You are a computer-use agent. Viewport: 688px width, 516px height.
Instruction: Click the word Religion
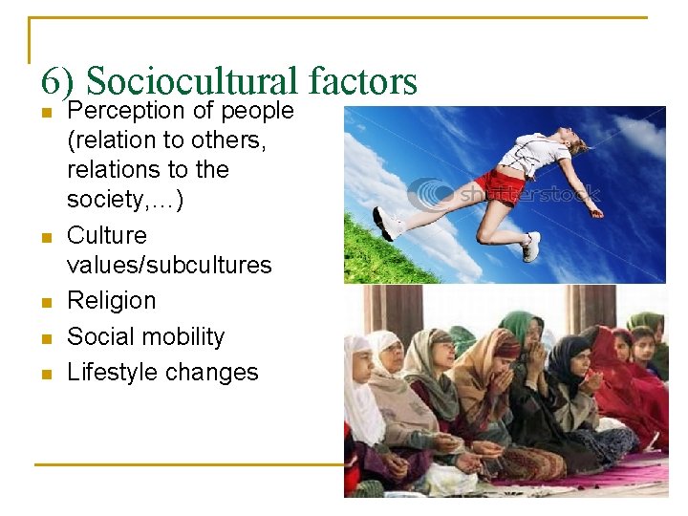pyautogui.click(x=111, y=300)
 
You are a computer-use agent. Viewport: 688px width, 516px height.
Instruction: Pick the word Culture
pyautogui.click(x=107, y=235)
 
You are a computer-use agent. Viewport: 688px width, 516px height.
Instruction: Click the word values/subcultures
pyautogui.click(x=169, y=265)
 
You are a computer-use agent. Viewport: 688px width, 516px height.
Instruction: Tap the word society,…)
pyautogui.click(x=125, y=200)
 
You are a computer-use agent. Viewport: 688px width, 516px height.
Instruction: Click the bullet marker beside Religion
pyautogui.click(x=44, y=302)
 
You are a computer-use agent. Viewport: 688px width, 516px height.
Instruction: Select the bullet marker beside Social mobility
pyautogui.click(x=44, y=338)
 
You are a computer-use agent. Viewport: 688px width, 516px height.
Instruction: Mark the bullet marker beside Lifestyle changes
pyautogui.click(x=44, y=374)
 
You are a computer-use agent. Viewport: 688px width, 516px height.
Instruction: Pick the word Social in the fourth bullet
pyautogui.click(x=98, y=336)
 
